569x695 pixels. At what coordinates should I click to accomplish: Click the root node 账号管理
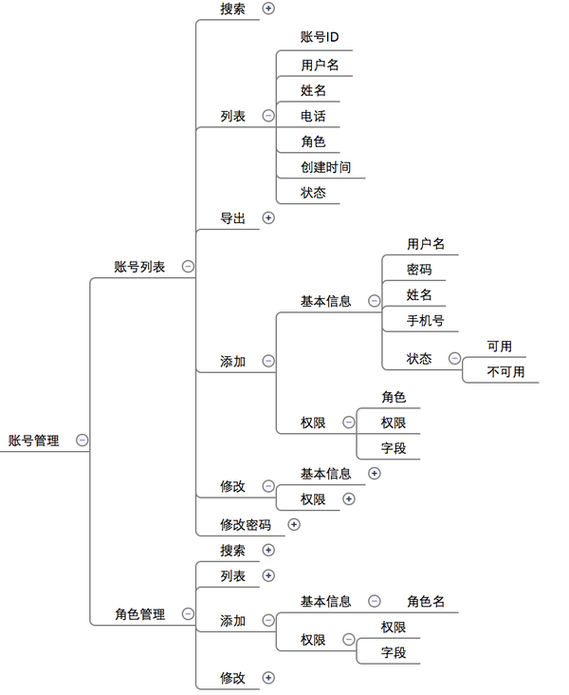click(x=33, y=441)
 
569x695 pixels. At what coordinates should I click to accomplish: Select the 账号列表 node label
click(x=139, y=267)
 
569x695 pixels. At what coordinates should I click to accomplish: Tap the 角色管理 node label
click(x=140, y=614)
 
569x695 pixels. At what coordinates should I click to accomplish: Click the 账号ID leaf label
click(x=320, y=37)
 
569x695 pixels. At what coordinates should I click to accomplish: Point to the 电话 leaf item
click(x=313, y=116)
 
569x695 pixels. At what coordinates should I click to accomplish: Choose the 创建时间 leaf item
click(x=326, y=167)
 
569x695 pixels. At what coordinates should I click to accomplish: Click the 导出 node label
click(x=233, y=218)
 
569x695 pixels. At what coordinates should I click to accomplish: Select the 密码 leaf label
click(x=419, y=270)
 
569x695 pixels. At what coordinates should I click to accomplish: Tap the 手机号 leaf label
click(x=425, y=321)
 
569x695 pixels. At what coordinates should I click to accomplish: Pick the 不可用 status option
click(x=505, y=371)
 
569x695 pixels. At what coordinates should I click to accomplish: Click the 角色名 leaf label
click(x=426, y=601)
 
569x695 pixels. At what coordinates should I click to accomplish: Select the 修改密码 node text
click(x=246, y=525)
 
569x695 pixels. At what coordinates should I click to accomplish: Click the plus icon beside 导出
click(x=268, y=217)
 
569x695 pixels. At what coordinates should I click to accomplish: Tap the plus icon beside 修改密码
click(x=294, y=524)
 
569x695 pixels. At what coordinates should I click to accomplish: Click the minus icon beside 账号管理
click(x=83, y=441)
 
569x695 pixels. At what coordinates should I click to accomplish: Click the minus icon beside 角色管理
click(x=188, y=614)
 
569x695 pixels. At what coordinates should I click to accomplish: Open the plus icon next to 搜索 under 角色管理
click(x=268, y=550)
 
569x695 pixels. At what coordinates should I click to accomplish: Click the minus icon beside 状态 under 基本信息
click(x=455, y=358)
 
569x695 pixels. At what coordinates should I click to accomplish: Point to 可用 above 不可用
click(x=500, y=347)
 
